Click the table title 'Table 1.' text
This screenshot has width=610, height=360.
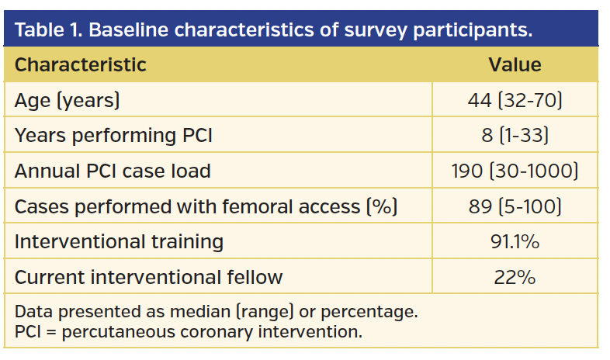[49, 30]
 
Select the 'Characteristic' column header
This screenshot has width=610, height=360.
[80, 64]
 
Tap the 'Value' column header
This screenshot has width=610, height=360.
[515, 64]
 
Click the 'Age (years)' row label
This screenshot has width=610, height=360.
[67, 100]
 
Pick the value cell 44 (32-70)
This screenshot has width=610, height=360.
[515, 100]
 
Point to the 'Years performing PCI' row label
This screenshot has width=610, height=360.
[113, 135]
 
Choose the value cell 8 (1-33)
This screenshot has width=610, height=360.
[515, 135]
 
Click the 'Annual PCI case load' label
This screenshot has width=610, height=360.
[113, 171]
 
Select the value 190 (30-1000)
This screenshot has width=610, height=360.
[515, 171]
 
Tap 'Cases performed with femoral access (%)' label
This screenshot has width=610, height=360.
[206, 206]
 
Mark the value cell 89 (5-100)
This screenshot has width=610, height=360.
[515, 206]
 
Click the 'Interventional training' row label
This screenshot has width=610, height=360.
[119, 241]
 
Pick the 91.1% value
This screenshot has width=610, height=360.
[515, 241]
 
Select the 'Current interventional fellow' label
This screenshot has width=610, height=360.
[148, 277]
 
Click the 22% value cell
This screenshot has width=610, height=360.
[515, 277]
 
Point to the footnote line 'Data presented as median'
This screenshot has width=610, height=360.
[217, 312]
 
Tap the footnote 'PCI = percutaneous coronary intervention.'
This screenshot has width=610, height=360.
[188, 332]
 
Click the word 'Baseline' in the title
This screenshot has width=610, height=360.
[129, 30]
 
